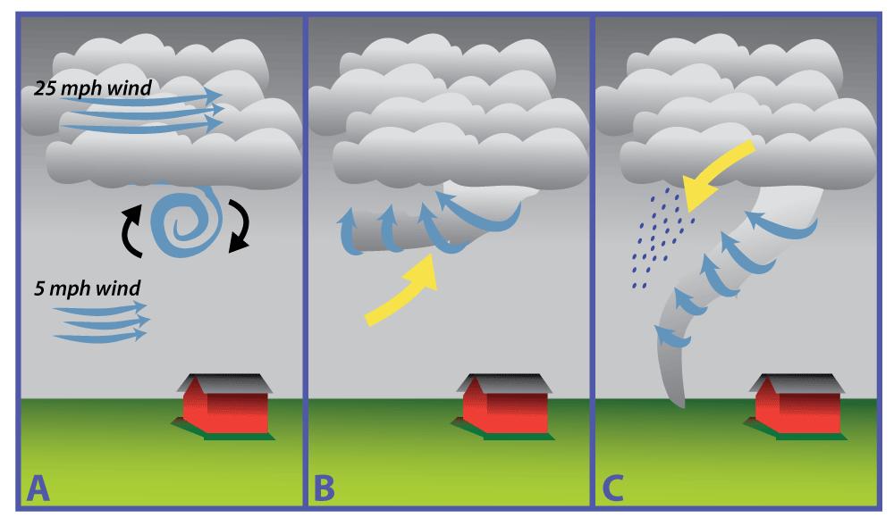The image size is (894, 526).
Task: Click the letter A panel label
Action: (x=37, y=488)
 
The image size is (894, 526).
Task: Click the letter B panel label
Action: (x=323, y=488)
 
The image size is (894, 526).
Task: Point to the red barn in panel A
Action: (x=226, y=407)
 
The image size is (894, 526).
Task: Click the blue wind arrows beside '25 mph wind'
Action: (x=143, y=111)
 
